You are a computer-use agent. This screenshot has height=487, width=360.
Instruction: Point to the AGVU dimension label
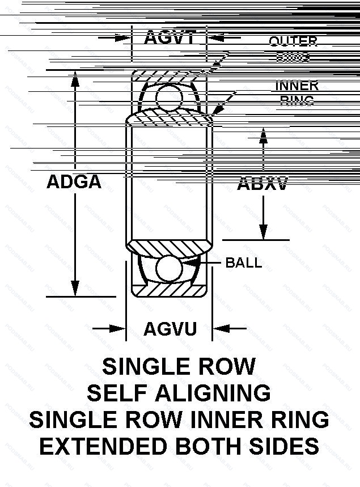(170, 329)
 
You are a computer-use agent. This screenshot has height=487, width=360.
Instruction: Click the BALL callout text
(244, 262)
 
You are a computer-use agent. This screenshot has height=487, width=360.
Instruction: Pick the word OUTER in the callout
(293, 41)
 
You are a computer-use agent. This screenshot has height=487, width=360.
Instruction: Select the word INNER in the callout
(297, 86)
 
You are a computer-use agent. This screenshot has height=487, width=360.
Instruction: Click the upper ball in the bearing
(169, 96)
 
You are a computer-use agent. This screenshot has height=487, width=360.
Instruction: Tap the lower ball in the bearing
(170, 269)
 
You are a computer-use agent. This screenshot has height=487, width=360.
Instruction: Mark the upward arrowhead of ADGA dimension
(74, 79)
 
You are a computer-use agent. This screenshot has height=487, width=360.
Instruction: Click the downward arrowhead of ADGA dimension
(74, 289)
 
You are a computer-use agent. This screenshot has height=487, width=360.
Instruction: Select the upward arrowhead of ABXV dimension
(263, 135)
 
